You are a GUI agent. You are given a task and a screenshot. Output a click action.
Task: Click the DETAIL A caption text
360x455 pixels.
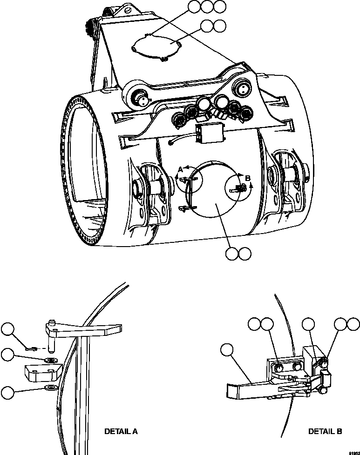click(121, 431)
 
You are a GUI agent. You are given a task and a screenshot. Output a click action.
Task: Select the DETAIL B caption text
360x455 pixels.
click(325, 431)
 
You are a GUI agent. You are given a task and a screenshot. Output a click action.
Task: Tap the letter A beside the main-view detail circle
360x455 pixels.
click(180, 171)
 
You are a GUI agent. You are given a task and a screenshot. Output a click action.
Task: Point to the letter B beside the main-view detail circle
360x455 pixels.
click(247, 178)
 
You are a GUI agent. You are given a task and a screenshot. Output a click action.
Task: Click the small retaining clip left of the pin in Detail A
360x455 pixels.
click(31, 347)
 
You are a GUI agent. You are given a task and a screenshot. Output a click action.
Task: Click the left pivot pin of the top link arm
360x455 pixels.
click(140, 98)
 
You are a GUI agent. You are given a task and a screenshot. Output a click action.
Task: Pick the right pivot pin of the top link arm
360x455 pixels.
click(244, 88)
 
